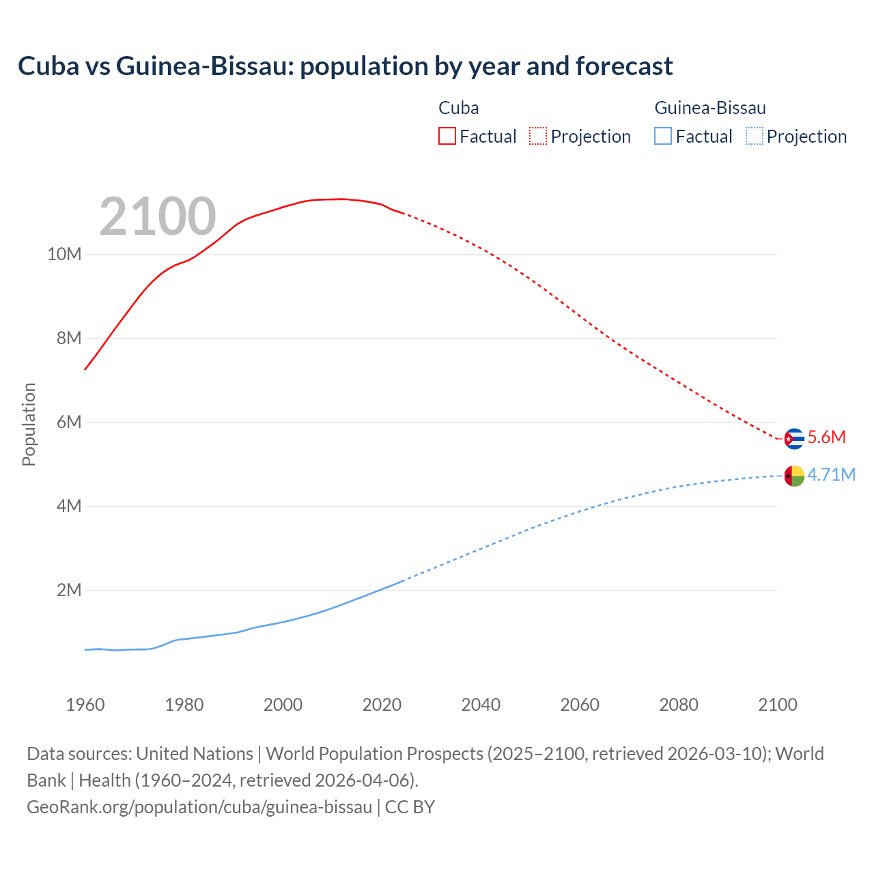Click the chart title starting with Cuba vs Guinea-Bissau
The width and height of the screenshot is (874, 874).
[x=345, y=66]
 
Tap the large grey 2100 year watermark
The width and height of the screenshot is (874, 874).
[x=158, y=216]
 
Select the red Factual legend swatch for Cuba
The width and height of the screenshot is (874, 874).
[x=447, y=136]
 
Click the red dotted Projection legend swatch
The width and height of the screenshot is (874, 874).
[x=538, y=136]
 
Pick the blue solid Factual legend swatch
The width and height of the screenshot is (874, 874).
[x=662, y=136]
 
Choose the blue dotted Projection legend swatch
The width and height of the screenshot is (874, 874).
[x=754, y=136]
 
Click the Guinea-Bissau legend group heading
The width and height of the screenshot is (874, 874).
[x=710, y=108]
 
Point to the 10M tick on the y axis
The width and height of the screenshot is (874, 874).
[x=64, y=255]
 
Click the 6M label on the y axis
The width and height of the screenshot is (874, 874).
[x=68, y=422]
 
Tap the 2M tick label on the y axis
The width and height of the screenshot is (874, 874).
[x=68, y=590]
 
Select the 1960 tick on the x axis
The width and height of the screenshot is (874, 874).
[x=85, y=705]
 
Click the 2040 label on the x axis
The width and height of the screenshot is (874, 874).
[x=481, y=705]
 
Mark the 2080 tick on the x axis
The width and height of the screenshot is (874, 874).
[x=679, y=705]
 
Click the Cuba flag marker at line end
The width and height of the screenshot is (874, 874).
[x=794, y=438]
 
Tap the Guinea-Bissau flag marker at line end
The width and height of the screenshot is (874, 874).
[x=794, y=476]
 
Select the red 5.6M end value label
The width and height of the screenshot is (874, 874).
[x=826, y=438]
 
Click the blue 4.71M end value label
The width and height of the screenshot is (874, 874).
[x=831, y=475]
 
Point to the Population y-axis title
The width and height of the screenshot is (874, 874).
[x=29, y=424]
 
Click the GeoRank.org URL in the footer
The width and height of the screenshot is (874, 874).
[x=199, y=807]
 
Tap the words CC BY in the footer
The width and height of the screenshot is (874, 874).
[x=410, y=807]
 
